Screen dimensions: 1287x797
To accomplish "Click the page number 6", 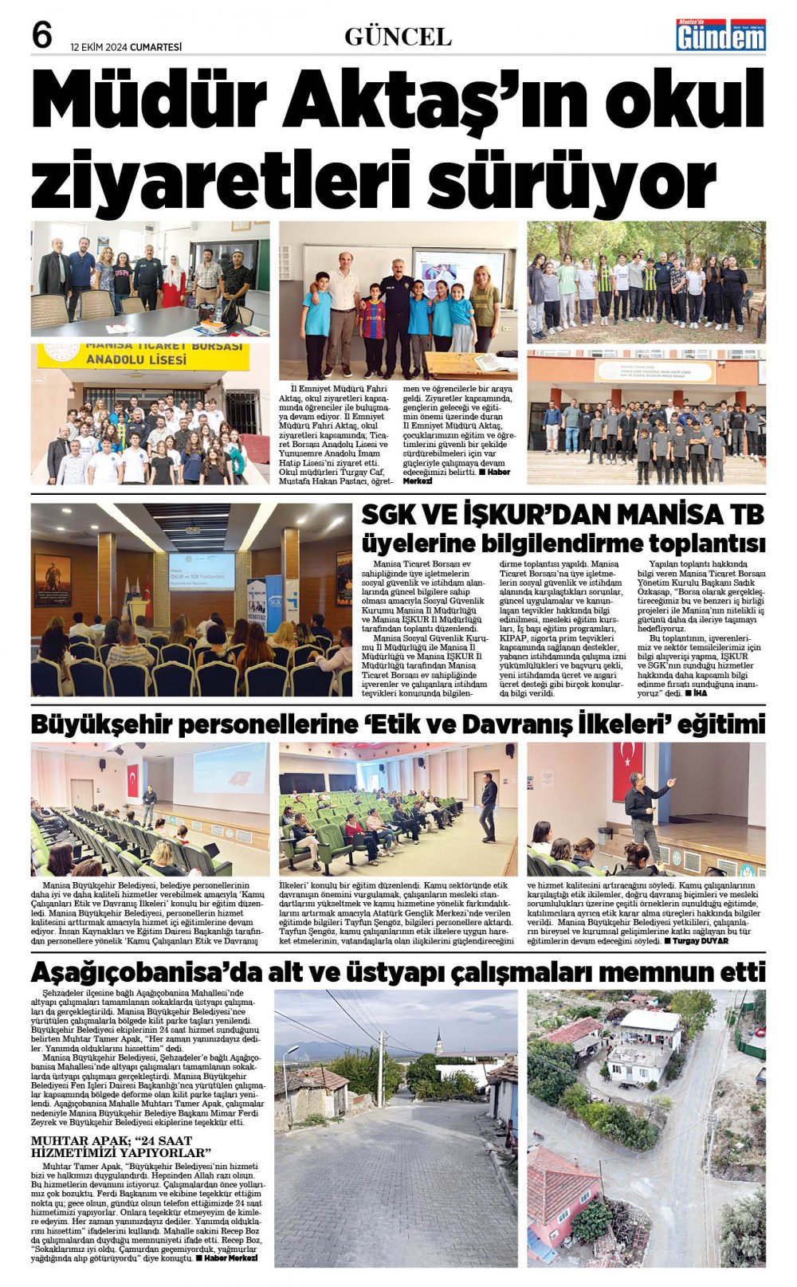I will point(41,36).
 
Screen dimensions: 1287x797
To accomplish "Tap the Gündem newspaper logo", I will point(720,35).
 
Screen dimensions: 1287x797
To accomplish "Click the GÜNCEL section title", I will point(398,37).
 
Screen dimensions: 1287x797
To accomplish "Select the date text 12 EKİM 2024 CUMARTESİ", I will point(126,47).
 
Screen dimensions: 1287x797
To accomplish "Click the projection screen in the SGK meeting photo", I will point(202,570).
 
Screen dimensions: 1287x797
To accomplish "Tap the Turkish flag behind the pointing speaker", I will point(627,769).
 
